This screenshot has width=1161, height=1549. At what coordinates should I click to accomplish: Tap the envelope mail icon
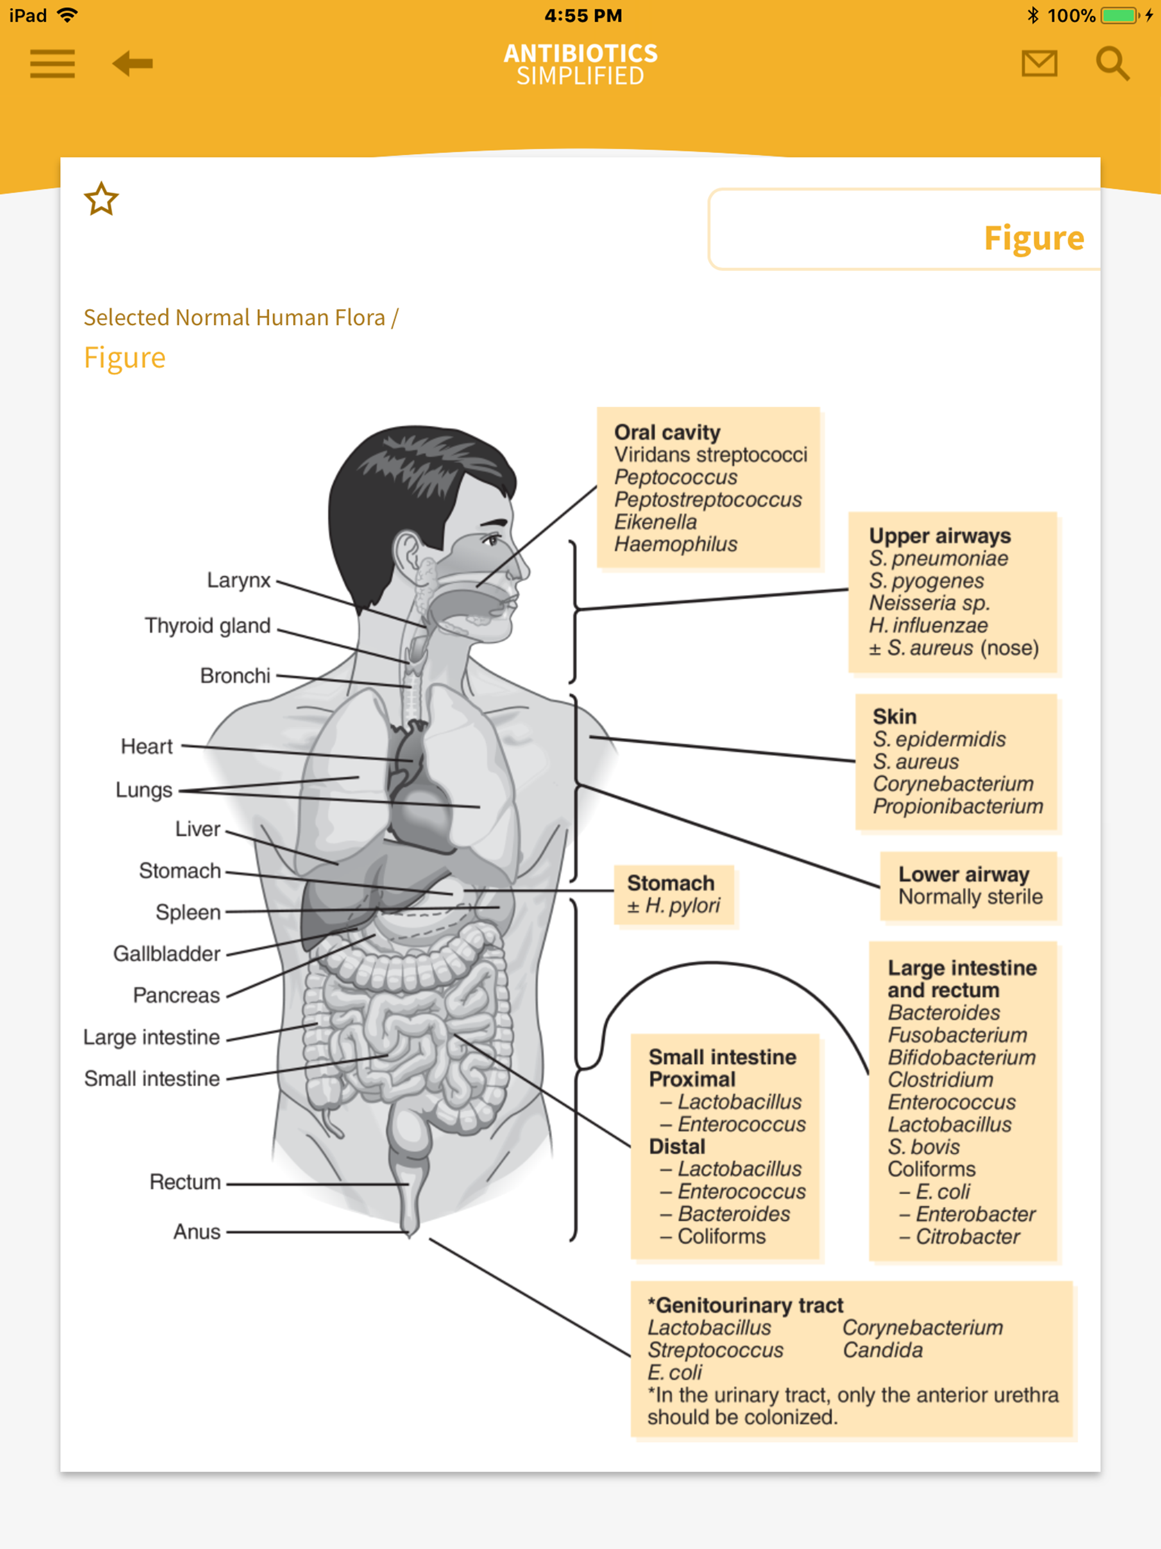pos(1039,64)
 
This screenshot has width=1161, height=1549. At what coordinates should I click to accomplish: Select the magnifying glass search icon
pos(1112,64)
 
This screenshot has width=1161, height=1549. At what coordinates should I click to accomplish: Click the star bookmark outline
pos(101,199)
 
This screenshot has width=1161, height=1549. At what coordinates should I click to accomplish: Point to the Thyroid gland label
pos(207,625)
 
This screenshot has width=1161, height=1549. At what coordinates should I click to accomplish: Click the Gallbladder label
pos(167,953)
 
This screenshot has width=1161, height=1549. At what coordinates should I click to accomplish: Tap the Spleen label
pos(188,912)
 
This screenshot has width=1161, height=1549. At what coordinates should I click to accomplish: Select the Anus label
pos(197,1231)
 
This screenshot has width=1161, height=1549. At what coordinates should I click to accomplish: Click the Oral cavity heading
pos(667,432)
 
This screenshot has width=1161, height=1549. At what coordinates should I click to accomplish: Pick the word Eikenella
pos(655,522)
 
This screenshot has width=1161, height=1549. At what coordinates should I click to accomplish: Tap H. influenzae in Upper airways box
pos(928,625)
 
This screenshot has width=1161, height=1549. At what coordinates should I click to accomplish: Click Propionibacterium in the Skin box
pos(957,806)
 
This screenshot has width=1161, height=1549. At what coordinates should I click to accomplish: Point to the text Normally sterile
pos(970,896)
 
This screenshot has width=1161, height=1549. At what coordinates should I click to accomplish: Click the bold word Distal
pos(676,1146)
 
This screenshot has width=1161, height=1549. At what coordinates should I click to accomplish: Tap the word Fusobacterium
pos(956,1034)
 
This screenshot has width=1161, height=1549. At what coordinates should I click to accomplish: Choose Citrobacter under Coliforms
pos(967,1236)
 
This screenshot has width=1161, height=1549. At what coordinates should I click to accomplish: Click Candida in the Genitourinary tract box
pos(882,1349)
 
